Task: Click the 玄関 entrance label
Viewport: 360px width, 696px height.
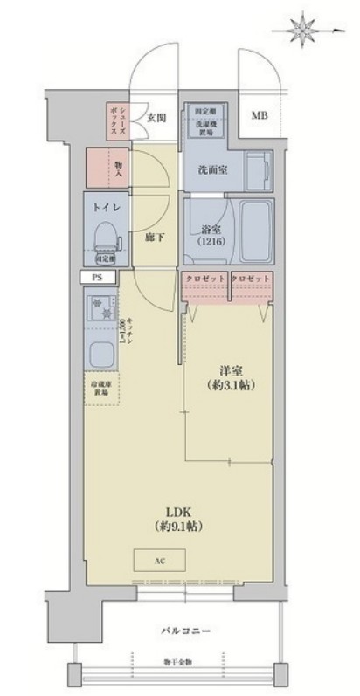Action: (156, 116)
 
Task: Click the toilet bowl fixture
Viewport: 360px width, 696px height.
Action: (105, 235)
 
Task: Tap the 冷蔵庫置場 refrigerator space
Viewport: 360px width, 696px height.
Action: (104, 387)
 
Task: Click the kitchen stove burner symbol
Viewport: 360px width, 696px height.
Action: (101, 310)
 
